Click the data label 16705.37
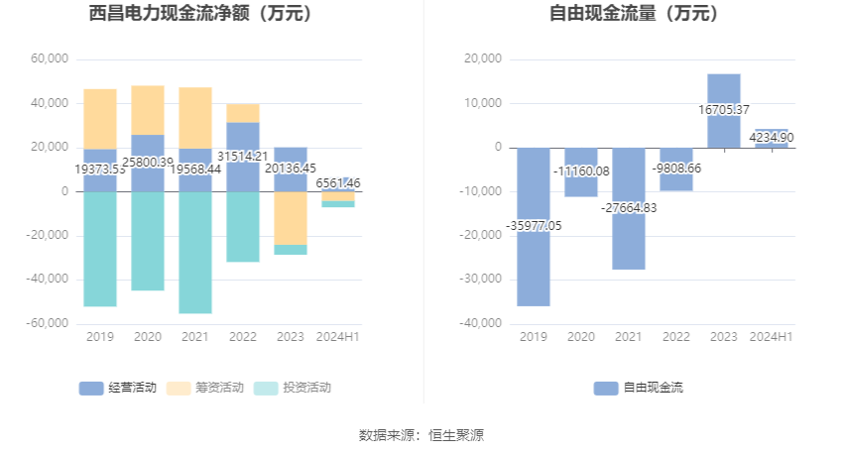[x=724, y=110]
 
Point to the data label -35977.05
[x=534, y=226]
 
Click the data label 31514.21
[x=242, y=156]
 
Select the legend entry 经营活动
[x=118, y=388]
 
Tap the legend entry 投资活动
[x=294, y=388]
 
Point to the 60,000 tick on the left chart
[x=50, y=59]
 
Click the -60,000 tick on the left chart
[x=47, y=323]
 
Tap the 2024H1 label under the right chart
[x=772, y=337]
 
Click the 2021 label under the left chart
[x=195, y=337]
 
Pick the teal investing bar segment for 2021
[x=195, y=253]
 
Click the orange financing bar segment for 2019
[x=100, y=119]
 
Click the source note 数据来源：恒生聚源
[x=421, y=434]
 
